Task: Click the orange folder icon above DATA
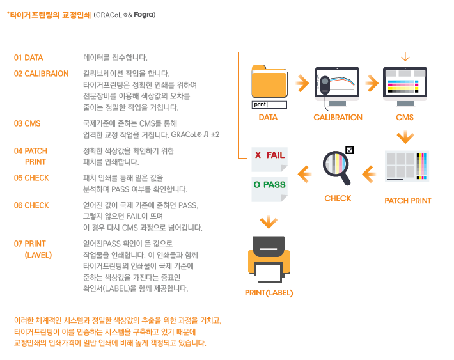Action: coord(269,81)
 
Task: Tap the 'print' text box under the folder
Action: coord(269,105)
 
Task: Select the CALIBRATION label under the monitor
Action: coord(338,117)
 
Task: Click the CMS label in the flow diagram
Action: coord(405,117)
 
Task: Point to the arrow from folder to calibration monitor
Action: coord(302,83)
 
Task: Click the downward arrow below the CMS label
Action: coord(405,137)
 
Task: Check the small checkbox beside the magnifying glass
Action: coord(350,150)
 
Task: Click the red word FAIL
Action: coord(276,155)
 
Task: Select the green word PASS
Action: coord(274,185)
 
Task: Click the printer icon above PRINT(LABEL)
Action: coord(269,260)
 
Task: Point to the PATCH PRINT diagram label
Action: coord(408,201)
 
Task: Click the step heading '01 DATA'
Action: coord(28,58)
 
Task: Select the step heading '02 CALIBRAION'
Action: coord(41,74)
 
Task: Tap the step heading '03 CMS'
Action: coord(27,123)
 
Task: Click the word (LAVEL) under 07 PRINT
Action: coord(38,255)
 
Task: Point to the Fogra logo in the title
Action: coord(143,15)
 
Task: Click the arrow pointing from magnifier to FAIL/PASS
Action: coord(304,175)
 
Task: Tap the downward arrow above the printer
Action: coord(269,222)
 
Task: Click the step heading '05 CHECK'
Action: coord(31,178)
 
